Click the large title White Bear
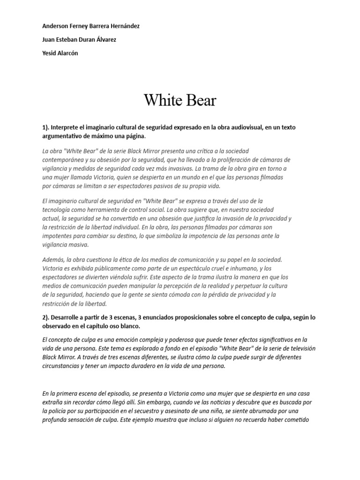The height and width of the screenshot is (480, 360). (x=180, y=100)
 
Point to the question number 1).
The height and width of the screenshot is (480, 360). (x=45, y=127)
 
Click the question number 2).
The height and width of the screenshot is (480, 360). (x=45, y=318)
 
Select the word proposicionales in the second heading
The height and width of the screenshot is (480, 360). (x=174, y=318)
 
